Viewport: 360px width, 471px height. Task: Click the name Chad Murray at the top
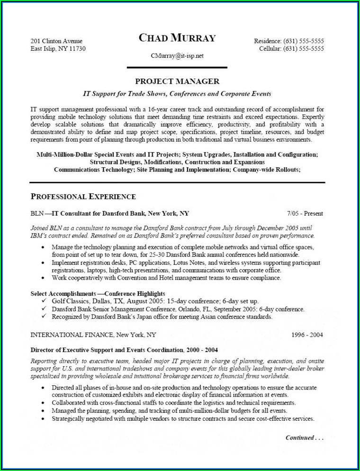tap(177, 38)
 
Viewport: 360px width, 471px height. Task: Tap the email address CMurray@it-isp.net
tap(177, 55)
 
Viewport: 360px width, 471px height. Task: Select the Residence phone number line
tap(289, 41)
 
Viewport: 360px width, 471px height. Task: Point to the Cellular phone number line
tap(291, 49)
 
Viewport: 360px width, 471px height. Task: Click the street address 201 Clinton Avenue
tap(56, 41)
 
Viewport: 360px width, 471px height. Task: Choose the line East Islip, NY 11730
tap(58, 49)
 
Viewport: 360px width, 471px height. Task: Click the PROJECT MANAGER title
tap(177, 82)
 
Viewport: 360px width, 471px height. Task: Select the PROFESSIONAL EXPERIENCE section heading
tap(83, 196)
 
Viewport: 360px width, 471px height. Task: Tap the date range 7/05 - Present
tap(305, 213)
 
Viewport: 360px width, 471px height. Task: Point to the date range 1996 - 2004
tap(307, 335)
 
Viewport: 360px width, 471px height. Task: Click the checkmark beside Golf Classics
tap(44, 301)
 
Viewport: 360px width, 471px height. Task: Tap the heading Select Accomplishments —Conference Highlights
tap(98, 294)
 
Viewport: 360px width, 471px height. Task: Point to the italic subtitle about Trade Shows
tap(177, 94)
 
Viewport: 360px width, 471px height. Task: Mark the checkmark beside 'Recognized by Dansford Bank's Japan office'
tap(44, 317)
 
